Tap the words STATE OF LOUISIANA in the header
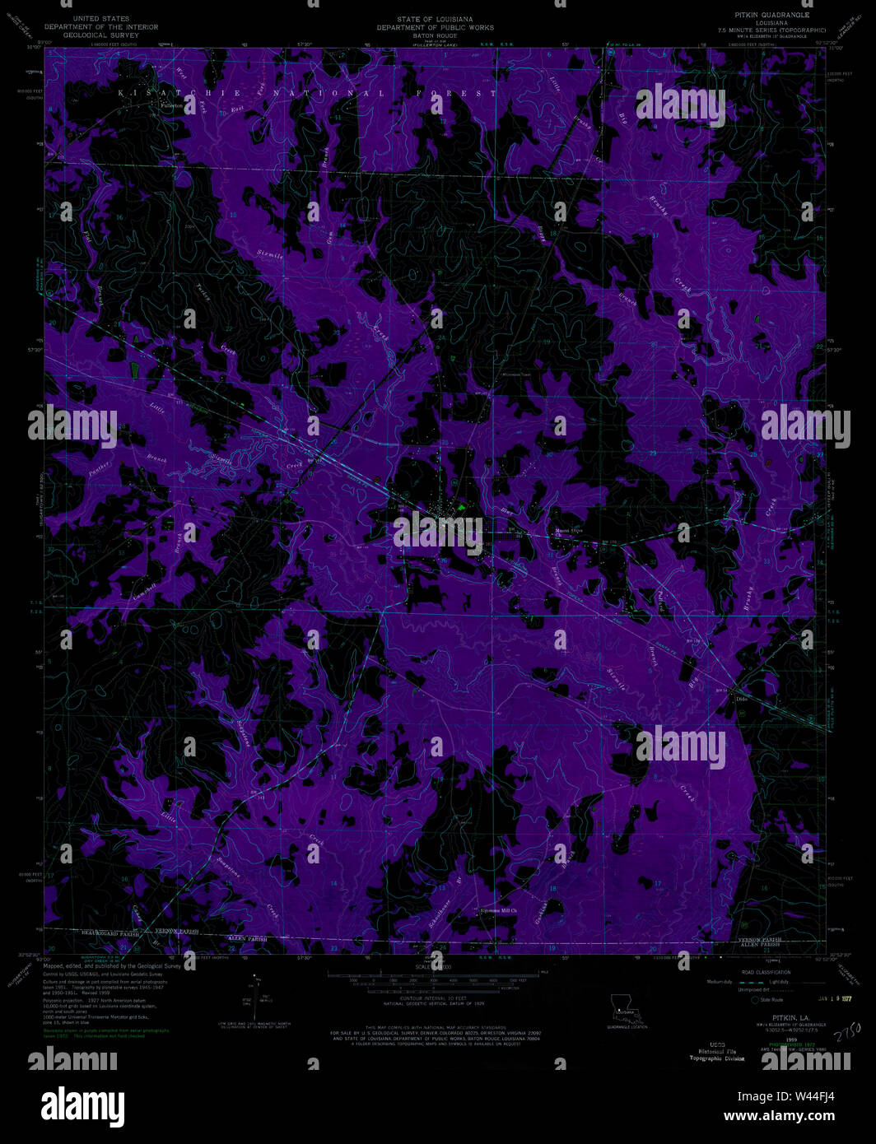point(435,19)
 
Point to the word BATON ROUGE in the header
point(435,35)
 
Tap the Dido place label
point(740,699)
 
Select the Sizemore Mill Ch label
point(498,910)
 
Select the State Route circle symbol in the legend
point(753,999)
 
